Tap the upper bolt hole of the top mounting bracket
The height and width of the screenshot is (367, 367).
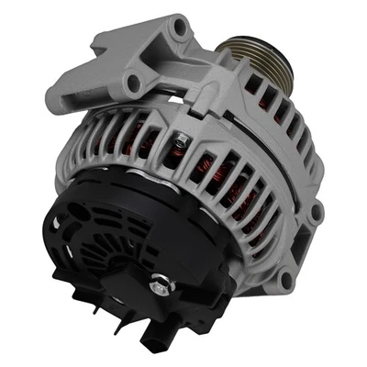point(179,28)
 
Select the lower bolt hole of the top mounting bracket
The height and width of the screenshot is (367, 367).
point(134,83)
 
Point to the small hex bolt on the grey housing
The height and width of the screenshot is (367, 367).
point(183,139)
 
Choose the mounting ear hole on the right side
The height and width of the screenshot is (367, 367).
point(317,213)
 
